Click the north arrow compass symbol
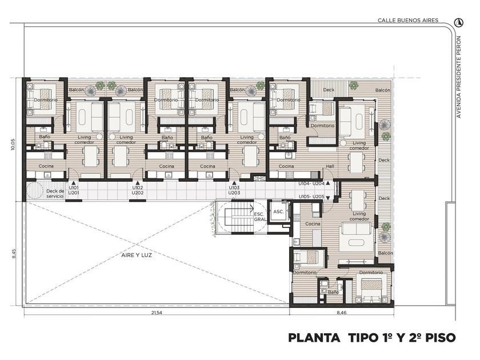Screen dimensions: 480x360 (458, 22)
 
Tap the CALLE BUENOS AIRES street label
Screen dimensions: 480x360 (408, 21)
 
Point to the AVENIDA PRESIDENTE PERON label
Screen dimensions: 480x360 (458, 77)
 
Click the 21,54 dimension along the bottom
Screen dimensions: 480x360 (156, 313)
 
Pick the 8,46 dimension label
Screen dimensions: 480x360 (342, 313)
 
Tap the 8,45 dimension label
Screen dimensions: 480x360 (13, 254)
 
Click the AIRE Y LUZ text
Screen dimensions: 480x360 (137, 255)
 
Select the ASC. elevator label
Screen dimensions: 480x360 (279, 211)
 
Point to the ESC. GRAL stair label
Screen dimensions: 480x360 (259, 217)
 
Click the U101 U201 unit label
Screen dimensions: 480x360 (74, 190)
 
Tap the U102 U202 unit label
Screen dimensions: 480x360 (138, 190)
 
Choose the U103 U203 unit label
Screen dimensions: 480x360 (234, 190)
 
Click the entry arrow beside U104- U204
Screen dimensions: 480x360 (328, 183)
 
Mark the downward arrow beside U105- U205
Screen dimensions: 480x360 (328, 198)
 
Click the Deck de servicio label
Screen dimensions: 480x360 (55, 194)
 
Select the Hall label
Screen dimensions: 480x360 (330, 166)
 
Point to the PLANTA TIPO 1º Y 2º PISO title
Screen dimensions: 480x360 (372, 338)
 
